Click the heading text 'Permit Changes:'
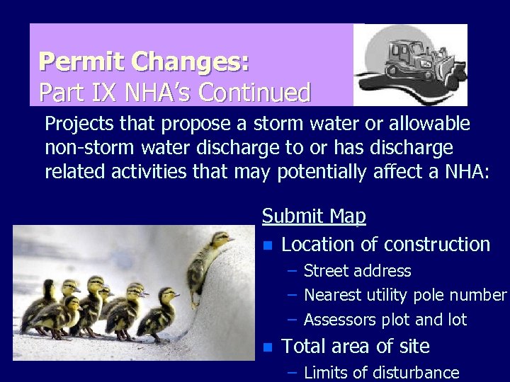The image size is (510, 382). [144, 62]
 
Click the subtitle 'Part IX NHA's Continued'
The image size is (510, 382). [174, 92]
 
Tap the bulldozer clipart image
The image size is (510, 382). [410, 65]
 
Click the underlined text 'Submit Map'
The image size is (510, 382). [314, 216]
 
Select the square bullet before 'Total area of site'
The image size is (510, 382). [267, 347]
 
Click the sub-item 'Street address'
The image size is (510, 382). [357, 271]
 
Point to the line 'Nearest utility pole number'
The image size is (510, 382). [404, 295]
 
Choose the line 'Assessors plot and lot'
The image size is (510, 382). [385, 320]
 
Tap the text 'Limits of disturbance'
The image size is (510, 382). [381, 372]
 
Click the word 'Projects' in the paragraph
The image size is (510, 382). [78, 125]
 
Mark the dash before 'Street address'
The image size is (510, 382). [292, 271]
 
